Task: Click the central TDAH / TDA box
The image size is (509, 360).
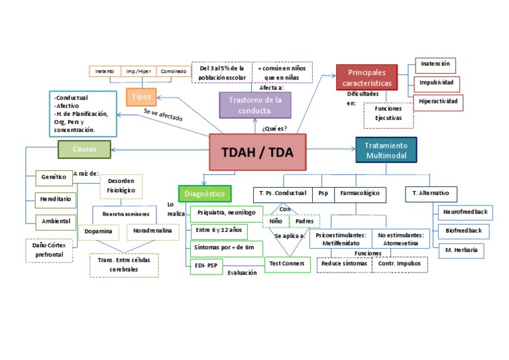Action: (x=258, y=152)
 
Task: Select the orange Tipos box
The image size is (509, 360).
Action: (x=141, y=97)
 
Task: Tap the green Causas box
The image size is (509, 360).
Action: (x=84, y=149)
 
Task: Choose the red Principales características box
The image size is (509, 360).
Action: (x=367, y=78)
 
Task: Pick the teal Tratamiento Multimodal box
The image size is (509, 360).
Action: (x=386, y=150)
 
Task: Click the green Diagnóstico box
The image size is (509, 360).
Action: (x=205, y=194)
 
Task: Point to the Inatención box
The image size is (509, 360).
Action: (x=435, y=64)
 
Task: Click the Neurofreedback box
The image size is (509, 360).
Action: (x=465, y=212)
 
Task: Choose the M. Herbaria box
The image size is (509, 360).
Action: (x=461, y=250)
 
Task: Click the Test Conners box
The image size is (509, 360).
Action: (x=286, y=264)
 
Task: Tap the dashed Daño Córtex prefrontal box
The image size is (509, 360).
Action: (x=48, y=249)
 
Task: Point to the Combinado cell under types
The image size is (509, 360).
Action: (x=173, y=71)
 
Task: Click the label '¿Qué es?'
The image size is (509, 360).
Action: (x=274, y=128)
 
